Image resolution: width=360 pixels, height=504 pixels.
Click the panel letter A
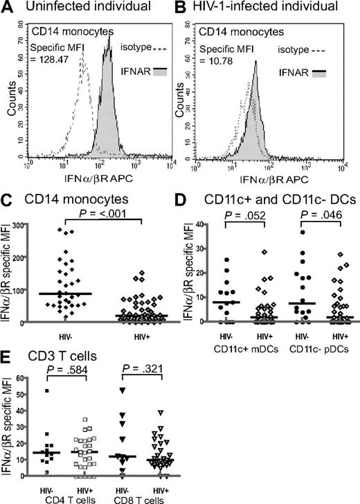[8, 9]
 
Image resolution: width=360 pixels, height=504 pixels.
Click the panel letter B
[188, 9]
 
